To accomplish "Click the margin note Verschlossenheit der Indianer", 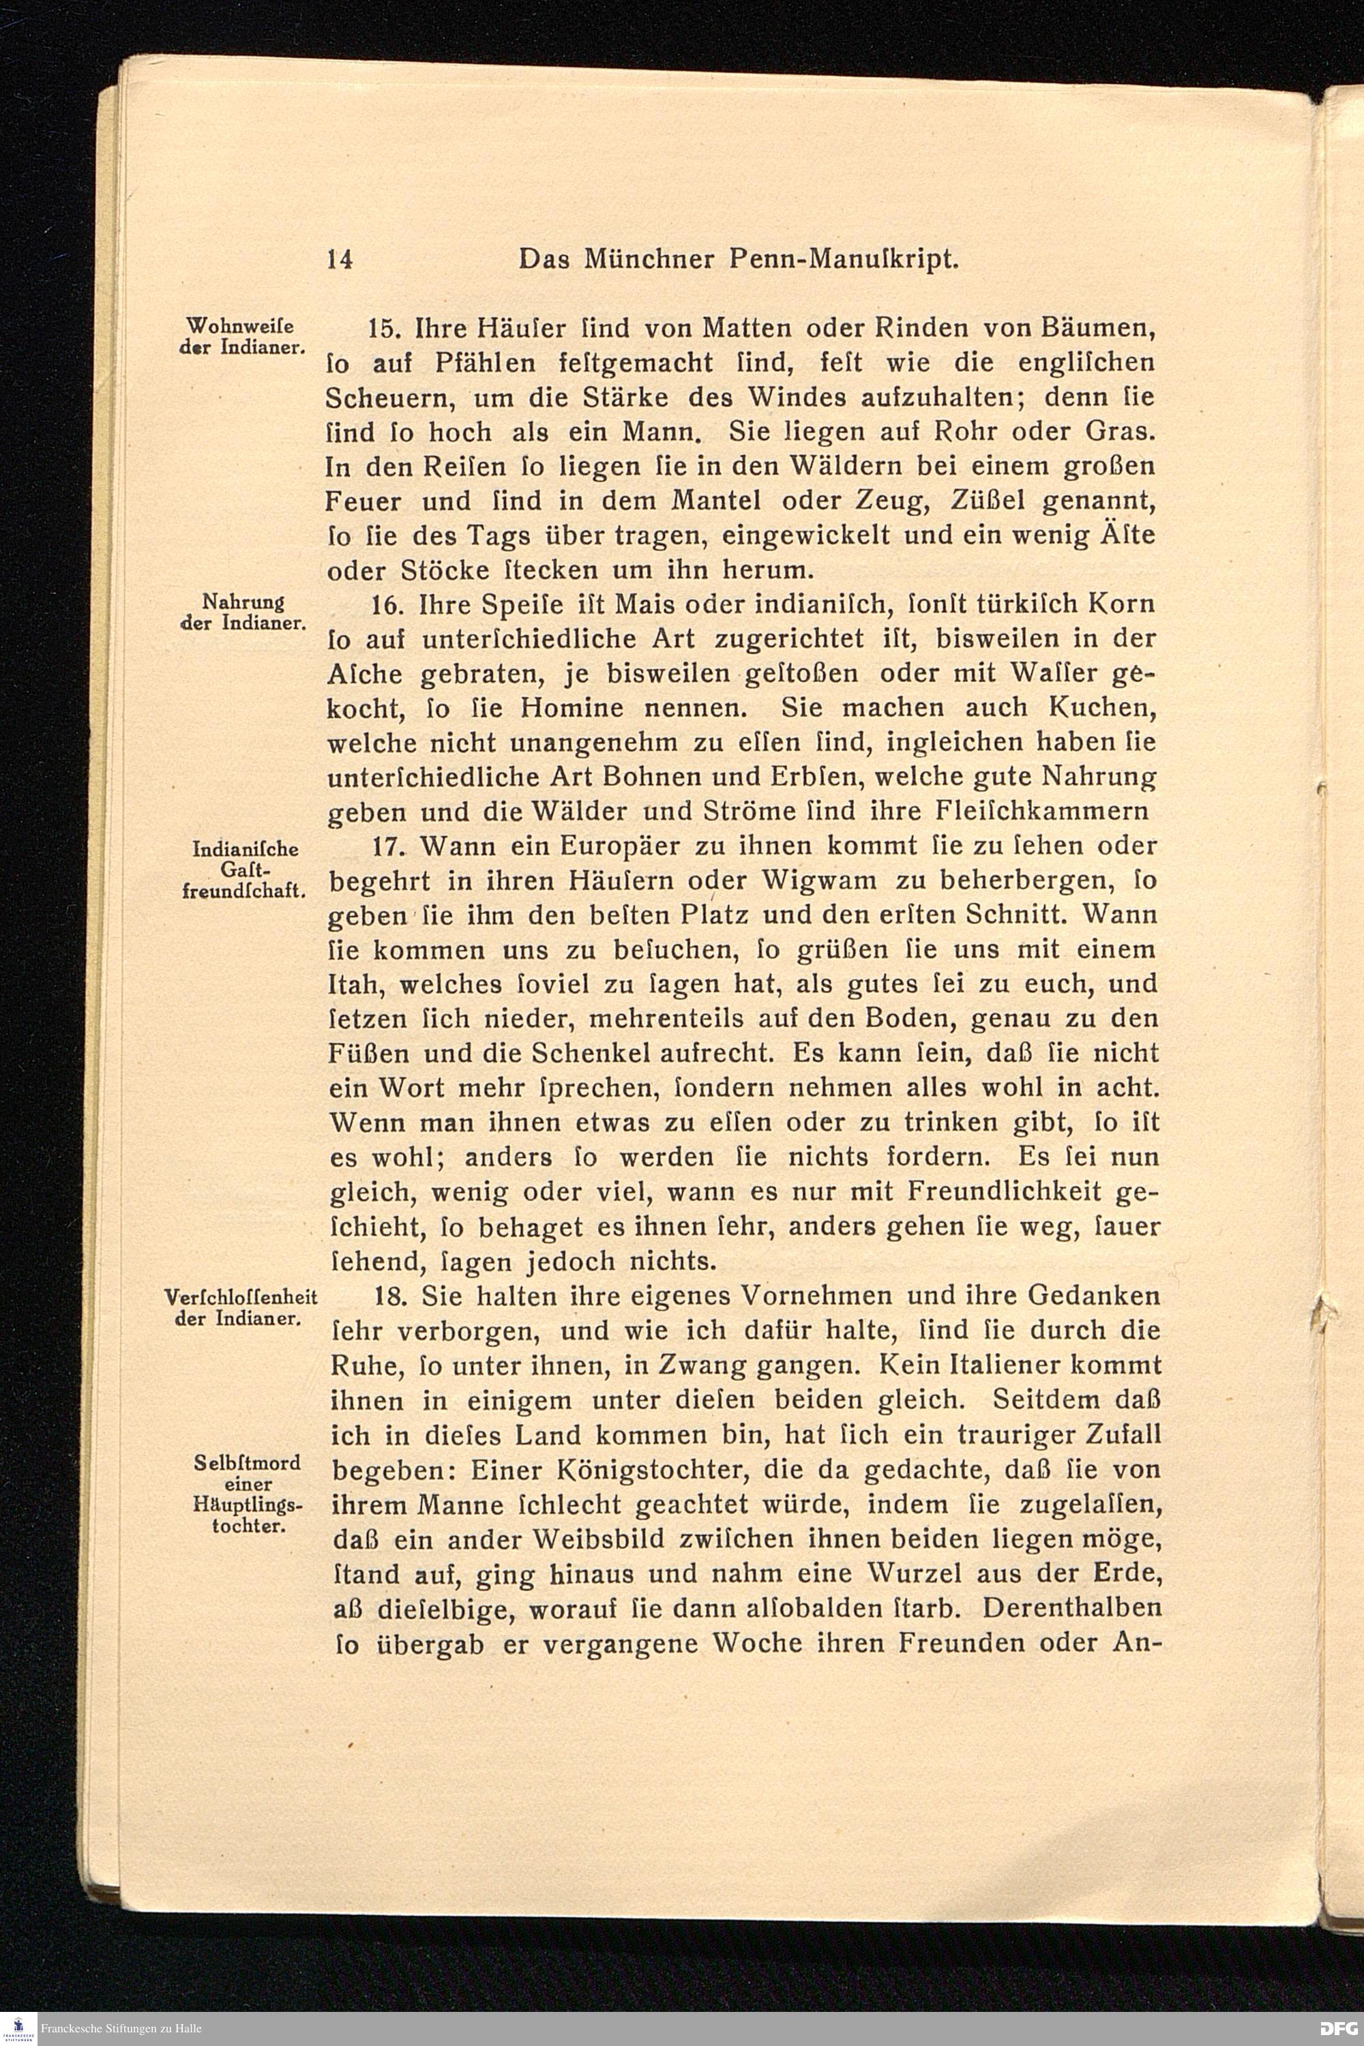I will tap(240, 1306).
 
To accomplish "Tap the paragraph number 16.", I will tap(383, 604).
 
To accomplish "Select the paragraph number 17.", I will tap(383, 846).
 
